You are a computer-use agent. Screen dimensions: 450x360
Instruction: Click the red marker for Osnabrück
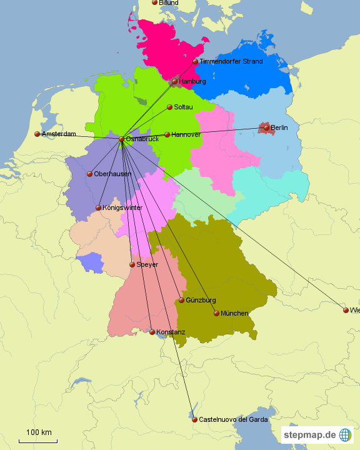pos(122,139)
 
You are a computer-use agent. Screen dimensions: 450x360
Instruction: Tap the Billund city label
pos(169,3)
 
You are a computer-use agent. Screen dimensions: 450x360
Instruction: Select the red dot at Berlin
pos(267,127)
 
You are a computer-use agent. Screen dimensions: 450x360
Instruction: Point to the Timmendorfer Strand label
pos(231,61)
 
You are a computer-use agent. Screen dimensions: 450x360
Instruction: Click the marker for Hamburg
pos(175,82)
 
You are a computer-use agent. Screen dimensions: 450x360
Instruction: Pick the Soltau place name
pos(183,107)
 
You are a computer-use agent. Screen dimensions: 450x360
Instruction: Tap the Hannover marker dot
pos(167,134)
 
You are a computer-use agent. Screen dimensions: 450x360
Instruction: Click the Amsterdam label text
pos(59,134)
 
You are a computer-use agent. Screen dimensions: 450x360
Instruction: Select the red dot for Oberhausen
pos(90,174)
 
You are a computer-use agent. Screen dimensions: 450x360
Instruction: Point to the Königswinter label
pos(122,207)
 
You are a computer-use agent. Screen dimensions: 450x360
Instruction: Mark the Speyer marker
pos(132,265)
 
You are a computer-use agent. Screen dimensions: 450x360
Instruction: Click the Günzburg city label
pos(201,301)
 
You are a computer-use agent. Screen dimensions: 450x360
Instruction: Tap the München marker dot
pos(217,313)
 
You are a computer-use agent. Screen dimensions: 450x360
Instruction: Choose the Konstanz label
pos(171,332)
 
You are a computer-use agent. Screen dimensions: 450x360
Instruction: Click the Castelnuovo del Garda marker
pos(194,419)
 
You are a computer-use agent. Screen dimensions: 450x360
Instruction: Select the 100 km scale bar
pos(38,441)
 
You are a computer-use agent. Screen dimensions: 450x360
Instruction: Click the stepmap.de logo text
pos(309,434)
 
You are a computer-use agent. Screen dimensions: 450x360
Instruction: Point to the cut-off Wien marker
pos(346,310)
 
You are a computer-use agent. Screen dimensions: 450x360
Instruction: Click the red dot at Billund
pos(155,2)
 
